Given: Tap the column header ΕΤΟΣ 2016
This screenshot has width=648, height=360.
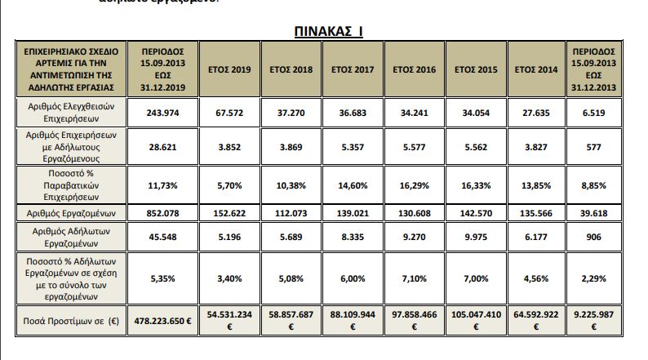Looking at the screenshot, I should (x=415, y=70).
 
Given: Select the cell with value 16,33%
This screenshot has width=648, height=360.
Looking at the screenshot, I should (x=477, y=185).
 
